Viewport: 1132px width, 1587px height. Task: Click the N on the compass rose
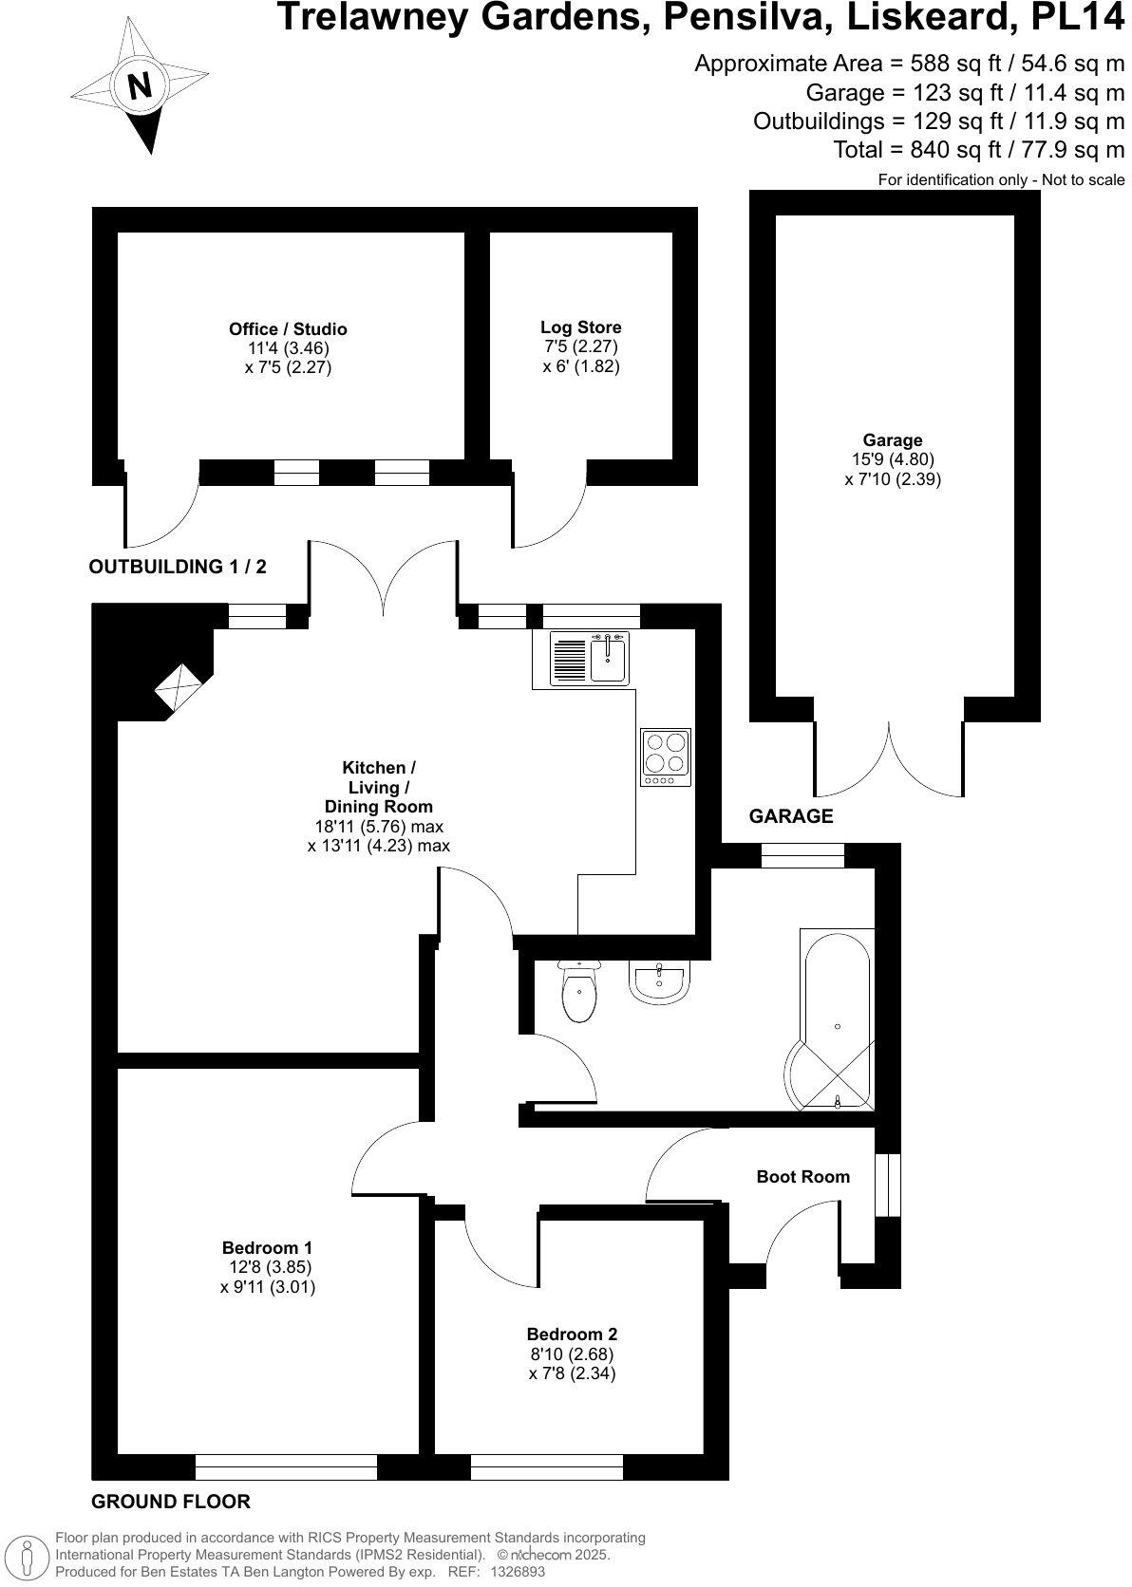140,87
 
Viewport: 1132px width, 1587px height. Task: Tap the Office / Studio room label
288,329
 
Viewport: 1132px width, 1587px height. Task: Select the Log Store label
581,327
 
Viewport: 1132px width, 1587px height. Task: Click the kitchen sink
607,659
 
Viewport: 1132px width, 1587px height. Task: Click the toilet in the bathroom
579,992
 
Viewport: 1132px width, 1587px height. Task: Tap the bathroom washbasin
657,981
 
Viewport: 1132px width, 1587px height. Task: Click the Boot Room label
802,1176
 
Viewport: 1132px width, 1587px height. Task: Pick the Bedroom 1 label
267,1247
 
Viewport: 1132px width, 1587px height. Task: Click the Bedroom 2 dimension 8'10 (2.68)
573,1354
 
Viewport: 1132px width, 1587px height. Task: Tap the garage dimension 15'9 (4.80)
893,460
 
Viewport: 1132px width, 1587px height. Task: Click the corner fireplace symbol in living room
179,686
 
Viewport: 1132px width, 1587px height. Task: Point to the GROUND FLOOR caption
171,1501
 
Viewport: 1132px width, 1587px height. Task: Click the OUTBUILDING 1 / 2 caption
178,567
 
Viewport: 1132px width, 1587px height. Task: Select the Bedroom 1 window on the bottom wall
286,1466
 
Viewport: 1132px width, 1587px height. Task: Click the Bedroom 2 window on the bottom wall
547,1466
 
